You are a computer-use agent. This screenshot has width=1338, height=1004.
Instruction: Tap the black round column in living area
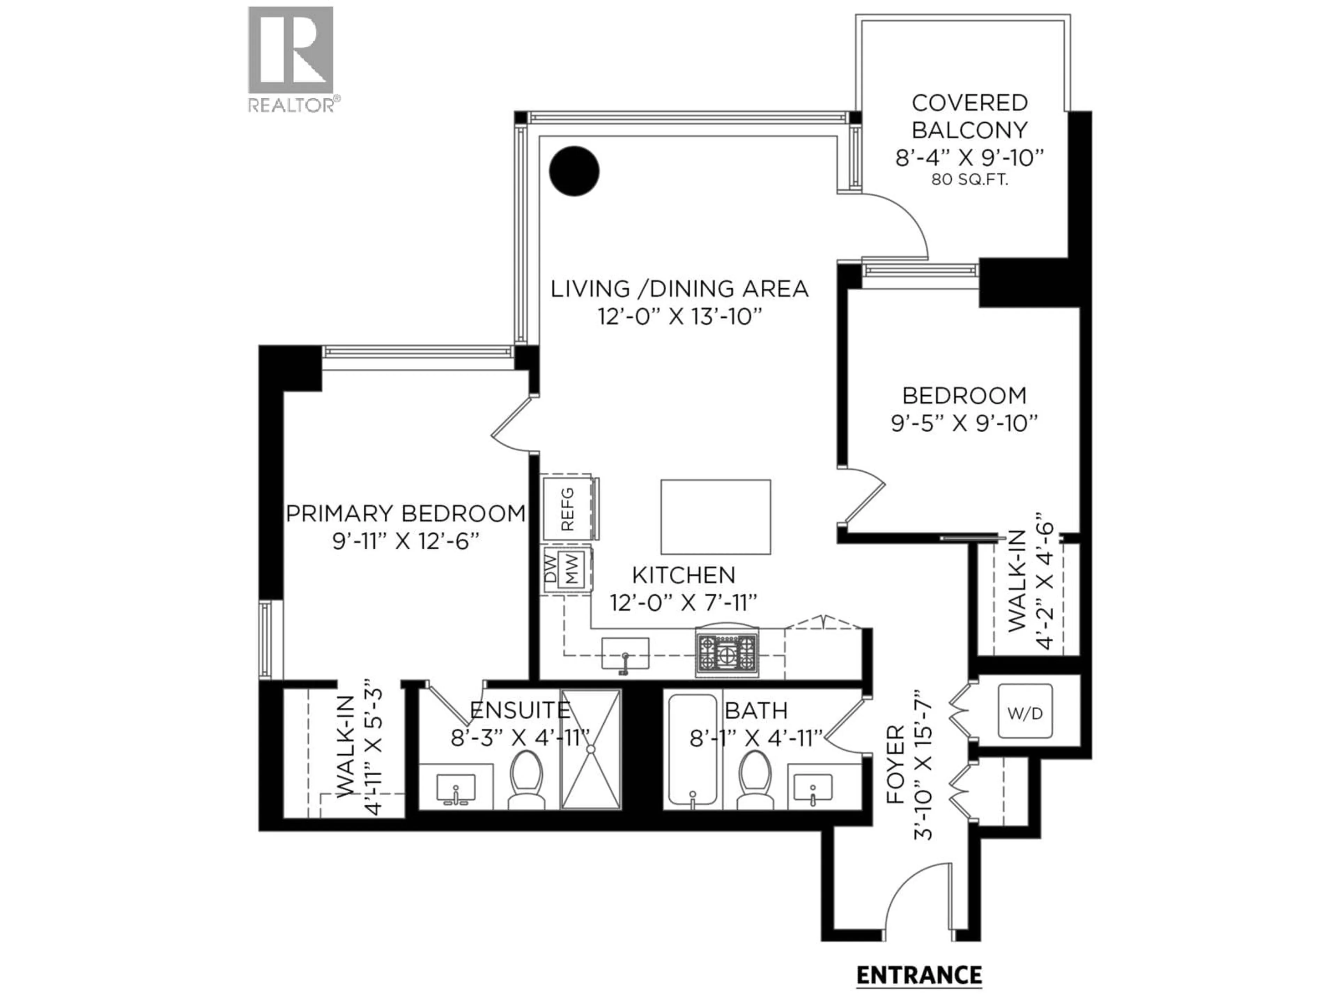pos(574,171)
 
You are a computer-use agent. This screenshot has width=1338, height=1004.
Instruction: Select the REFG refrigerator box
pos(567,508)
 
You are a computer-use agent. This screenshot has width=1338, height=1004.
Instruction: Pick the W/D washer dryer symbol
pos(1025,712)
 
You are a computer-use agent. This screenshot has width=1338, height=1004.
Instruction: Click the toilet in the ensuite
pos(526,780)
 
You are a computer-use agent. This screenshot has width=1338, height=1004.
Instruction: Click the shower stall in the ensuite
pos(591,749)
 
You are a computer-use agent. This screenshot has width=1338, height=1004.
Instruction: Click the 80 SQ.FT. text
pos(970,180)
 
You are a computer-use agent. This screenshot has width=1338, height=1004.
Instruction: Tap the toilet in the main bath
pos(755,780)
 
